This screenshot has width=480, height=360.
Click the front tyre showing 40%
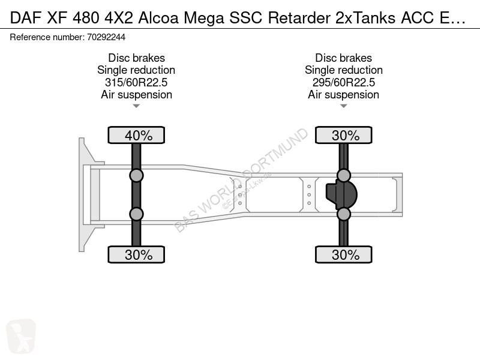coord(136,135)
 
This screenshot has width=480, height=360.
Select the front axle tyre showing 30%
coord(136,254)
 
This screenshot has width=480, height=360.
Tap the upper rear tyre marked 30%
coord(343,135)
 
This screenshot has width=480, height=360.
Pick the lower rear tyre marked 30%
coord(343,254)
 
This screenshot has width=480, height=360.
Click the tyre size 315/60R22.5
coord(136,82)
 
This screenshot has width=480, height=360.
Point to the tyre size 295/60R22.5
coord(343,82)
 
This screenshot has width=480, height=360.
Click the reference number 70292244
coord(106,37)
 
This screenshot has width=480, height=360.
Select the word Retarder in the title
coord(299,18)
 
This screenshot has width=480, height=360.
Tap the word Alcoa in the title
coord(158,18)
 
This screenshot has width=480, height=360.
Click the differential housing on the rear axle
coord(341,194)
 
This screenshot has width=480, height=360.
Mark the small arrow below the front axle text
coord(136,106)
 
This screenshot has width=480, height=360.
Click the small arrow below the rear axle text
coord(343,106)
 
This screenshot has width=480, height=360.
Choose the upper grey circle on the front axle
coord(136,176)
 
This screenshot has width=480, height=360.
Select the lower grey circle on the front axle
coord(136,214)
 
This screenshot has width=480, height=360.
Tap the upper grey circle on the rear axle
coord(343,176)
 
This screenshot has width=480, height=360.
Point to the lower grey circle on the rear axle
coord(343,214)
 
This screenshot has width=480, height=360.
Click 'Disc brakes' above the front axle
coord(137,58)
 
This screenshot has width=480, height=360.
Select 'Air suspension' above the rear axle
coord(343,95)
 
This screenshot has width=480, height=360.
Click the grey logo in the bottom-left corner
coord(21,336)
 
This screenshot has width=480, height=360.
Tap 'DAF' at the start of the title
coord(26,18)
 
